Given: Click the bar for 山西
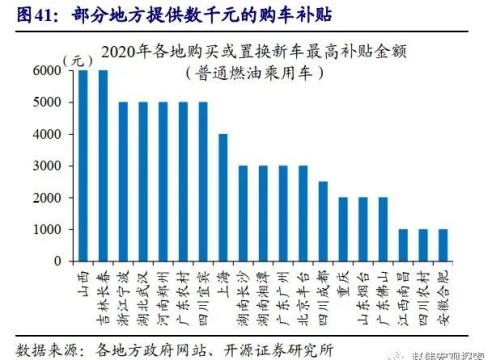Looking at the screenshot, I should point(84,166).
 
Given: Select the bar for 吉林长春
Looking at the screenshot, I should point(103,166).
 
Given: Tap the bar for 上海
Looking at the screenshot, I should point(222,198).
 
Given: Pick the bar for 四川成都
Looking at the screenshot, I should point(321,222).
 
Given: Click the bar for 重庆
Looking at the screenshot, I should point(342,230).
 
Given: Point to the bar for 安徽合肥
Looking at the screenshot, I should point(441,246).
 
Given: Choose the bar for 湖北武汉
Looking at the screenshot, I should point(143,182).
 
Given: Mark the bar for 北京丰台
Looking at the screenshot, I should point(302,214).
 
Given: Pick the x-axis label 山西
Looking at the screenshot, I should point(85,279).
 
